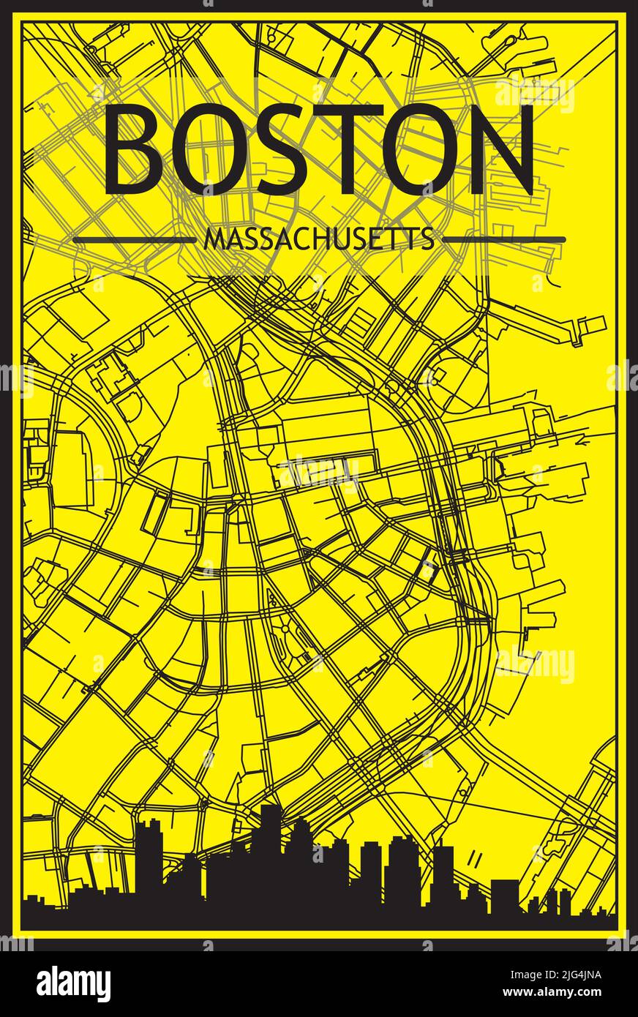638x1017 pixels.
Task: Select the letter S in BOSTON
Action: pos(275,150)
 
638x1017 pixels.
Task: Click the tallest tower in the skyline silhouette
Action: pos(270,849)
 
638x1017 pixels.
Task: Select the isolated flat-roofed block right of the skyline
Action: pos(504,896)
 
